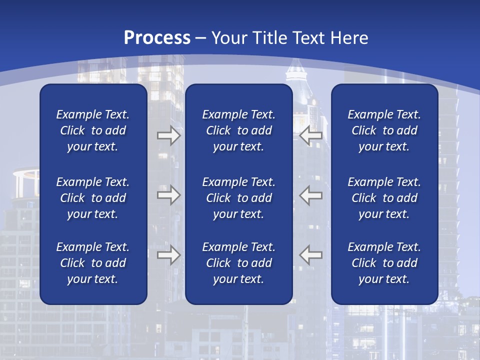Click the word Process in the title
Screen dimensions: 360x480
pos(157,38)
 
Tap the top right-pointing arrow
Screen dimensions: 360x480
pos(168,136)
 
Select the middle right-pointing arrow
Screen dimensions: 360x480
pos(168,195)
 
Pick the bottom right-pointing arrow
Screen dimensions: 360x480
pos(168,255)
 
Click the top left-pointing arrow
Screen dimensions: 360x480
pos(310,136)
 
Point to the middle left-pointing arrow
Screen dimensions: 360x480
pos(310,195)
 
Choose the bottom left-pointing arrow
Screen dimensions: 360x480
pos(310,255)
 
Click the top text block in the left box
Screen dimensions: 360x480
pos(93,130)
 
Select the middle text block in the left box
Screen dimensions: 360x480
pos(93,198)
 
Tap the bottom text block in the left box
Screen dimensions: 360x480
pos(93,263)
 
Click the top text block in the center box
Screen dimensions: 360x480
pos(239,130)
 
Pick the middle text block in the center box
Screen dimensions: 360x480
pos(239,198)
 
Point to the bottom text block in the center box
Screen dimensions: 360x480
pos(239,263)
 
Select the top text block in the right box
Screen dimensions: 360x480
pos(384,130)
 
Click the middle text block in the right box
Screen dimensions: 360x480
pos(384,198)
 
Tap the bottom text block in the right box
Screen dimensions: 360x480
pos(384,263)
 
